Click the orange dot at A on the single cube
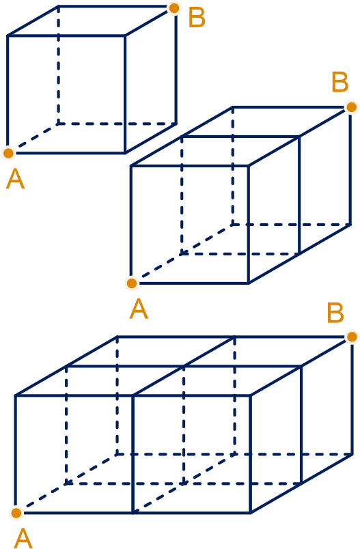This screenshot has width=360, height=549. [8, 153]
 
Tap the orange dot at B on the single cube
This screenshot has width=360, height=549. [174, 8]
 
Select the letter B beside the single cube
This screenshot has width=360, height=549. [197, 18]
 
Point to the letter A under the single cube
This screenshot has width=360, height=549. [16, 179]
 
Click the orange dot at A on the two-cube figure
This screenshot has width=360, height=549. [132, 283]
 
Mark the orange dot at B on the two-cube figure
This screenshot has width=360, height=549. [351, 107]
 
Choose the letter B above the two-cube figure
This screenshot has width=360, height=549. [340, 82]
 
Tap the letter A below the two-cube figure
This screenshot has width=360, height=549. [139, 309]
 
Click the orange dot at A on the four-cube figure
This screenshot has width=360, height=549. [16, 513]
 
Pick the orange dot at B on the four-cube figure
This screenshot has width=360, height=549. [352, 337]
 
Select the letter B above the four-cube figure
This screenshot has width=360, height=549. [335, 313]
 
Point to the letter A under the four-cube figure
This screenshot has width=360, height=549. [23, 539]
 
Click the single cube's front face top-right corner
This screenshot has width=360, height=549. [125, 36]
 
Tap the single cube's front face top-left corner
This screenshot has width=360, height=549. [8, 36]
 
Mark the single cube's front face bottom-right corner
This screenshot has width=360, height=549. [125, 153]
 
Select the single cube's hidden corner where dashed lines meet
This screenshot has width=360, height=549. [58, 124]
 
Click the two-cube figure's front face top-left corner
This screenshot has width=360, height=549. [130, 166]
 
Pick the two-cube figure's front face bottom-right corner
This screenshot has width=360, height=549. [249, 283]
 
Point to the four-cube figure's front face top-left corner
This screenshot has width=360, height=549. [16, 395]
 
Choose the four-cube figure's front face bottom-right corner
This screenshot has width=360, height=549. [251, 513]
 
